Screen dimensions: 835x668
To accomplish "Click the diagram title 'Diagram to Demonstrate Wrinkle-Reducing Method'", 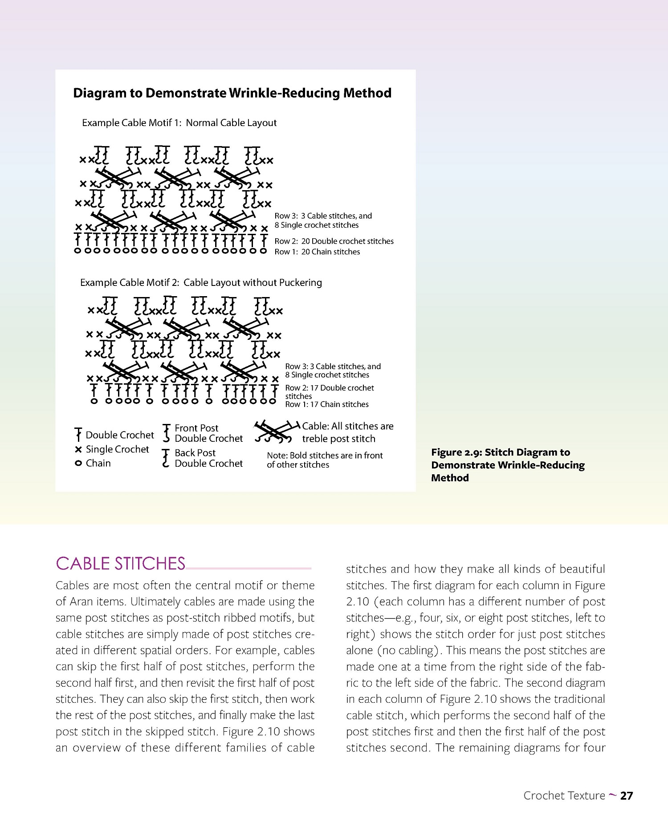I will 232,93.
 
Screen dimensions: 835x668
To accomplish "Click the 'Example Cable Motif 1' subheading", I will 179,123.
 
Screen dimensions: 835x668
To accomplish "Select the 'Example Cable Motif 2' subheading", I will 201,283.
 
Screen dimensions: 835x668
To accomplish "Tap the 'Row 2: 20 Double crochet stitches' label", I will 334,241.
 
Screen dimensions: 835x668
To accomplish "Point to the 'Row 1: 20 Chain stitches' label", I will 317,252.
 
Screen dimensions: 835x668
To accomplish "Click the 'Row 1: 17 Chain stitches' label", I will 327,404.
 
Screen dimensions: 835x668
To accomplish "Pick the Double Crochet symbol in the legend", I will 78,434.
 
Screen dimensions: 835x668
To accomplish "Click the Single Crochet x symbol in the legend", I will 78,449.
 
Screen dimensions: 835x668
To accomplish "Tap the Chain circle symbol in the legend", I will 78,464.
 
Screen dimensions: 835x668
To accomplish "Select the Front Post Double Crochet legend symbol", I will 167,433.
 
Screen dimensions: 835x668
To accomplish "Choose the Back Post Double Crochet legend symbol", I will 166,458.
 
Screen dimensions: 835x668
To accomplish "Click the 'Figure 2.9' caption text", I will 507,465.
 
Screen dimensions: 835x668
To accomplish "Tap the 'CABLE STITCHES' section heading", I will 120,564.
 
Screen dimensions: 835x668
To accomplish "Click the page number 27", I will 627,796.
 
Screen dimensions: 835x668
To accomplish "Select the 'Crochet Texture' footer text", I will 564,796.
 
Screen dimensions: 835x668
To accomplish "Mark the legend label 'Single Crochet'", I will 117,449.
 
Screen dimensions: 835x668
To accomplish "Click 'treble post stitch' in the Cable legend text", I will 338,439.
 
